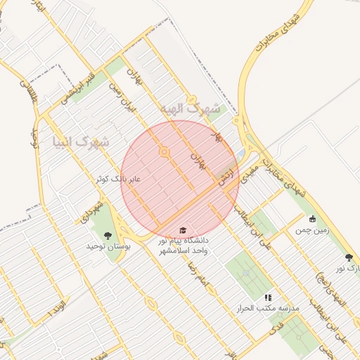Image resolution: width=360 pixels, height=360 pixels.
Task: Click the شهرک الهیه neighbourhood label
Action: click(190, 109)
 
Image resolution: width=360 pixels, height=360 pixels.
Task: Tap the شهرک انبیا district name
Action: click(81, 143)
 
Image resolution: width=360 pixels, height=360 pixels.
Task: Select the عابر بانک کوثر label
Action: click(119, 179)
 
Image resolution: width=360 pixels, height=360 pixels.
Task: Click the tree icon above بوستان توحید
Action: click(108, 235)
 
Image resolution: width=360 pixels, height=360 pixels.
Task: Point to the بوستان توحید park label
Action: click(105, 247)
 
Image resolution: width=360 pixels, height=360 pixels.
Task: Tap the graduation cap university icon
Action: click(184, 230)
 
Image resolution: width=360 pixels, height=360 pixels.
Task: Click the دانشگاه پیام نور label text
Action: click(184, 241)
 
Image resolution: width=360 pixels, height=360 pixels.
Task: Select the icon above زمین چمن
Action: click(312, 219)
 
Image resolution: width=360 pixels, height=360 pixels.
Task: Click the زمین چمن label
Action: click(312, 230)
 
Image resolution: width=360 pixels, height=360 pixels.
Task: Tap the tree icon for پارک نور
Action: click(349, 257)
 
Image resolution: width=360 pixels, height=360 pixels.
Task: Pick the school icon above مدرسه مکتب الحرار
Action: click(267, 297)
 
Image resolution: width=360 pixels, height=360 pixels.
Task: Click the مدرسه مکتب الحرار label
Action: click(270, 309)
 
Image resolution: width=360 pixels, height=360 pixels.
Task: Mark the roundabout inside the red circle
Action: click(165, 151)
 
